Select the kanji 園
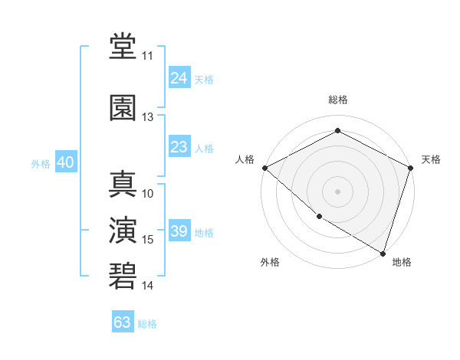(x=123, y=107)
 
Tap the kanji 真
(x=123, y=184)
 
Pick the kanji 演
(x=123, y=230)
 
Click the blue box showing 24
(x=179, y=77)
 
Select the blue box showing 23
(x=179, y=147)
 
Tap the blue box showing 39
(x=179, y=231)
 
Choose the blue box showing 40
(x=65, y=162)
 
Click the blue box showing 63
(x=123, y=322)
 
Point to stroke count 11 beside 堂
(x=147, y=56)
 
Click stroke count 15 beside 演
(x=148, y=240)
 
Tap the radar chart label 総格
(x=337, y=100)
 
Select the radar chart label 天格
(x=431, y=159)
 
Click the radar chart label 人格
(x=245, y=159)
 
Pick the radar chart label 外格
(x=270, y=262)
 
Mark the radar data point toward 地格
(x=383, y=252)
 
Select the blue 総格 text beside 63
(x=147, y=324)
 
